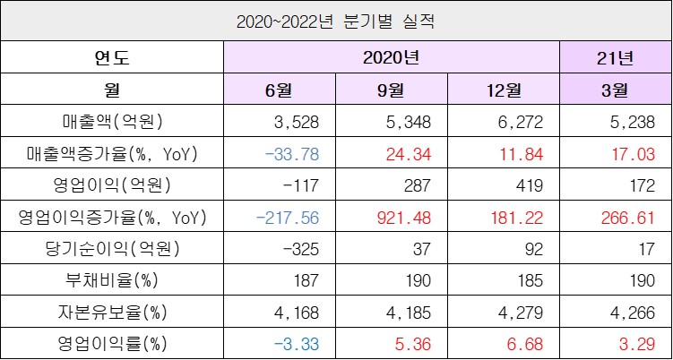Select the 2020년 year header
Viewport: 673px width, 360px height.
click(x=392, y=58)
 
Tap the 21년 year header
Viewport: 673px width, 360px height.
click(x=615, y=58)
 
